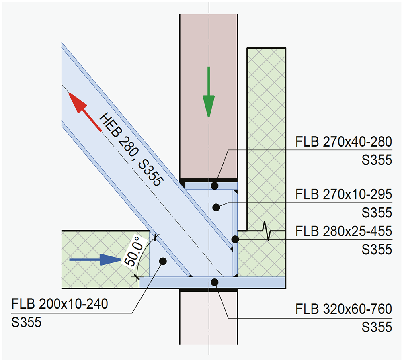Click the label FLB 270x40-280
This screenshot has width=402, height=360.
point(343,143)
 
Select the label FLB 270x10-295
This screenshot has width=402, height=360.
point(343,195)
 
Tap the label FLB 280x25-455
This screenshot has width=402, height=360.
point(343,231)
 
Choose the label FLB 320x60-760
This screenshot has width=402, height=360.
point(343,309)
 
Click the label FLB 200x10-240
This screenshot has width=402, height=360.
point(60,304)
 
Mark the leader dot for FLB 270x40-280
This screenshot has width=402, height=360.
point(215,186)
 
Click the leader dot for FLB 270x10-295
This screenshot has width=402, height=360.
point(216,207)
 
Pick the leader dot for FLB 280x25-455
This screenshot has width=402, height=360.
point(235,239)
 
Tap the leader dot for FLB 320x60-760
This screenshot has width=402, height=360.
point(215,282)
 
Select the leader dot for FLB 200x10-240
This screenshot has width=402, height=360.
point(163,261)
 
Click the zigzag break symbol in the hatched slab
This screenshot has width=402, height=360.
point(265,231)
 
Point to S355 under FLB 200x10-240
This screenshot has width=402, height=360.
point(26,322)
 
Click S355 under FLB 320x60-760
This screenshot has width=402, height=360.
point(376,327)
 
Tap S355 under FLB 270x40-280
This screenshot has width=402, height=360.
point(376,160)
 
